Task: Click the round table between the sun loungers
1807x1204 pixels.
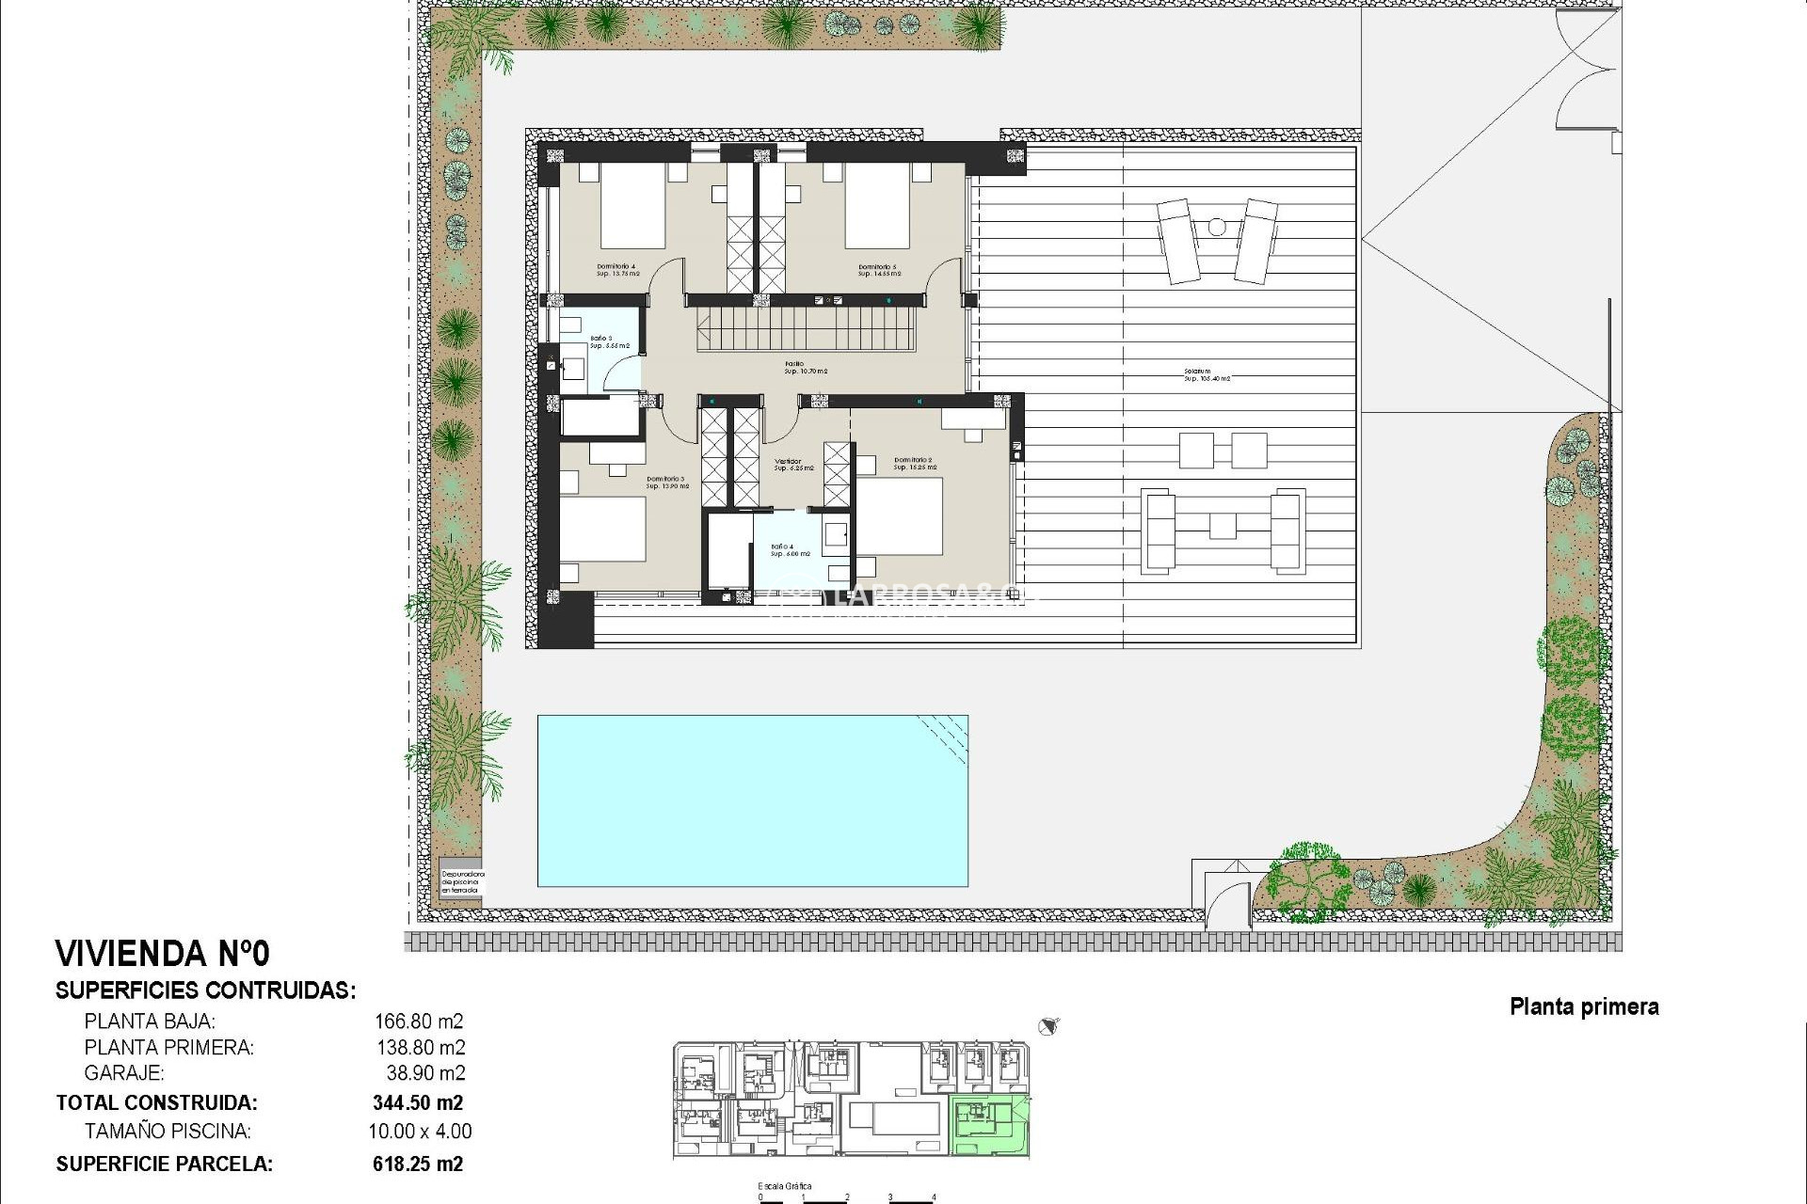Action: click(1217, 227)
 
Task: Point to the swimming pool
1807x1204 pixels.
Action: click(752, 800)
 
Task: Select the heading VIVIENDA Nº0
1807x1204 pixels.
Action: click(163, 954)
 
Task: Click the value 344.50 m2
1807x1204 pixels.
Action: click(418, 1102)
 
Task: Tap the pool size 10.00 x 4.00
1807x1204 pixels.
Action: click(420, 1132)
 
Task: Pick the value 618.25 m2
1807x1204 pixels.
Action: click(418, 1164)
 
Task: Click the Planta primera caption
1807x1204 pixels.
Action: click(1584, 1006)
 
